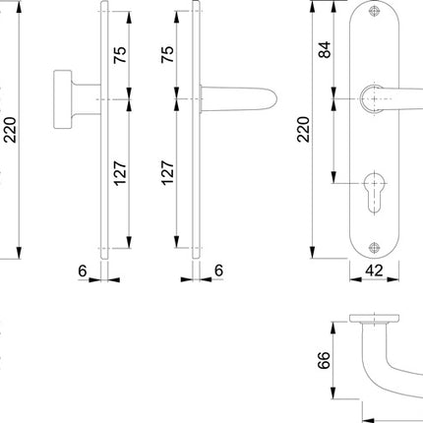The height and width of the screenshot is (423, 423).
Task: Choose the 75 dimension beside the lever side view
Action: tap(166, 53)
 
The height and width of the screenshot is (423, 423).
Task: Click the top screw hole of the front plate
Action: tap(376, 14)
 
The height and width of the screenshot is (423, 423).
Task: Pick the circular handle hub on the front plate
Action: tap(371, 99)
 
